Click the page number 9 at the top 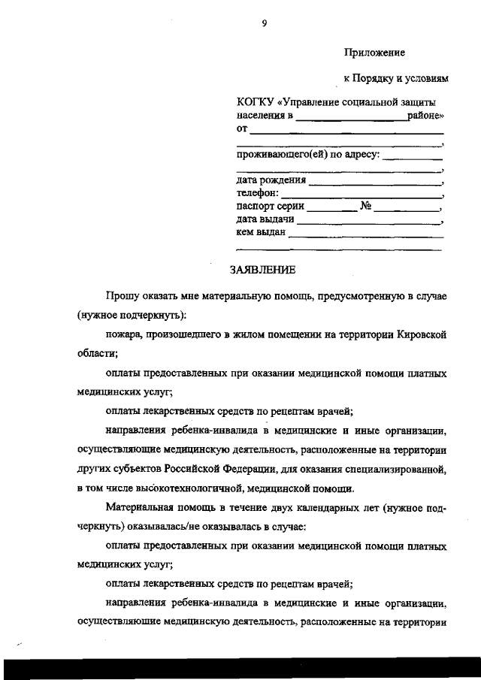pos(264,24)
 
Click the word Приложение pos(374,53)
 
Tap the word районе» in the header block pos(425,116)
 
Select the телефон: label pos(257,193)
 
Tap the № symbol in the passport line pos(367,206)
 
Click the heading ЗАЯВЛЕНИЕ pos(263,269)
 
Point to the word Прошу pos(122,296)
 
